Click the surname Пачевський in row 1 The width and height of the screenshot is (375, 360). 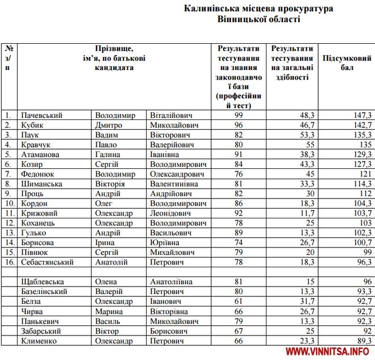[41, 115]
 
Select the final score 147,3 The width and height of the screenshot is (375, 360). [361, 115]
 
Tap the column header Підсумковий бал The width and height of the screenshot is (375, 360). [347, 63]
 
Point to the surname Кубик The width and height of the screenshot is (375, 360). [33, 125]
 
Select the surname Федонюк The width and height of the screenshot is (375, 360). [38, 173]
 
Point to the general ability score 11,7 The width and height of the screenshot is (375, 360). [307, 213]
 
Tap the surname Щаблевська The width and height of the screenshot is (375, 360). [42, 282]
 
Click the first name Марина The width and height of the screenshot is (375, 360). [109, 312]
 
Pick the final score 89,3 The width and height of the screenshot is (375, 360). [363, 341]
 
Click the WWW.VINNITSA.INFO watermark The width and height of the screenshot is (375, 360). [331, 352]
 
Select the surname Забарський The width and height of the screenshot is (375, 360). [43, 331]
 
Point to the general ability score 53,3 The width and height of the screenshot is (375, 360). [307, 135]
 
